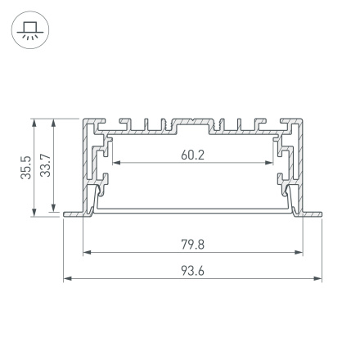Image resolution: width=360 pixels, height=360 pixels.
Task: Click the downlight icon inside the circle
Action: point(29,32)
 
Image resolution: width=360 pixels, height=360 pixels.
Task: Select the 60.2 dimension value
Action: point(192,155)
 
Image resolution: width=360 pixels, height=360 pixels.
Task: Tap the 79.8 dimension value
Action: point(192,244)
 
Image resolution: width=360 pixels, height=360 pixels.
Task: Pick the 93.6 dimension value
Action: point(192,271)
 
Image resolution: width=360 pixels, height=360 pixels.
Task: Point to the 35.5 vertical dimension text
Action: point(26,168)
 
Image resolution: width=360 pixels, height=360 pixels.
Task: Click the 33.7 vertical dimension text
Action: point(45,168)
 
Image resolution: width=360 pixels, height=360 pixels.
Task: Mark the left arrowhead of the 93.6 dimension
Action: point(67,279)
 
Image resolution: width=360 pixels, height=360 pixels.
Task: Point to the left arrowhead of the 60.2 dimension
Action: point(115,163)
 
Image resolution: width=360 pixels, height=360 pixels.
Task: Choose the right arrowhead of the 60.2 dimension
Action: point(272,163)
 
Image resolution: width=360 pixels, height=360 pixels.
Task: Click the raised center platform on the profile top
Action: point(193,123)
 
